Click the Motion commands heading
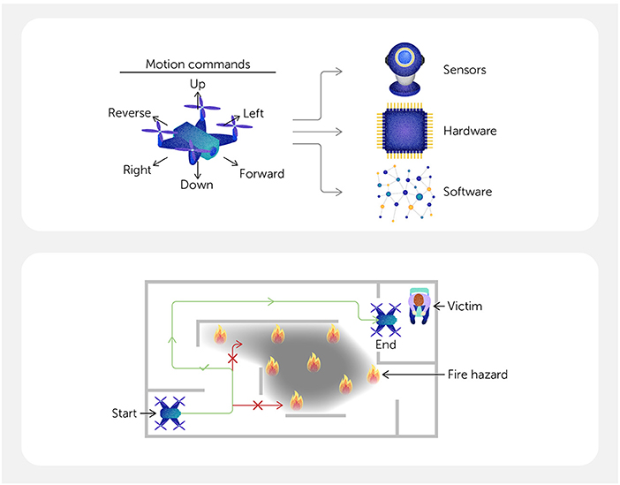tap(197, 63)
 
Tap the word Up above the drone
tap(198, 83)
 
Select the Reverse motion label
tap(129, 113)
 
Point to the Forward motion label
tap(261, 174)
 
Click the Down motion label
tap(197, 185)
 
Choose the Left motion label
tap(253, 113)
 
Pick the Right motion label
tap(137, 170)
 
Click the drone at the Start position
tap(170, 412)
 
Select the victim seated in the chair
tap(418, 306)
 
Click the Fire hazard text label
tap(478, 375)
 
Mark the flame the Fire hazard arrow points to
tap(374, 375)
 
